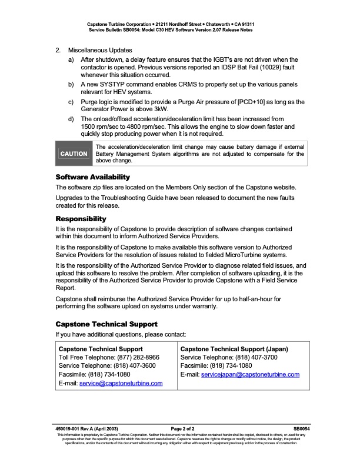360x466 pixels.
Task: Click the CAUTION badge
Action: pos(74,154)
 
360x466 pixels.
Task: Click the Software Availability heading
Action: pos(92,177)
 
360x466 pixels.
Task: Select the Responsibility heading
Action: pos(81,219)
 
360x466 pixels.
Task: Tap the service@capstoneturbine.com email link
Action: pos(121,384)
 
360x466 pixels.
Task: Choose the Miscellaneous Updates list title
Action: pos(100,51)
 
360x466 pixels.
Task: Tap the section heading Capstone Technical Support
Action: pos(106,324)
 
